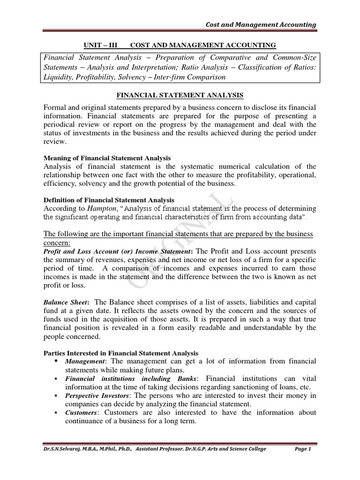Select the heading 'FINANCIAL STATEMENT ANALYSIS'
pos(180,95)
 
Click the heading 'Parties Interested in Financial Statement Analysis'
pos(120,352)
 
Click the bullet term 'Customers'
pos(82,412)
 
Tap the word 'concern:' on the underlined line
pos(56,243)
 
